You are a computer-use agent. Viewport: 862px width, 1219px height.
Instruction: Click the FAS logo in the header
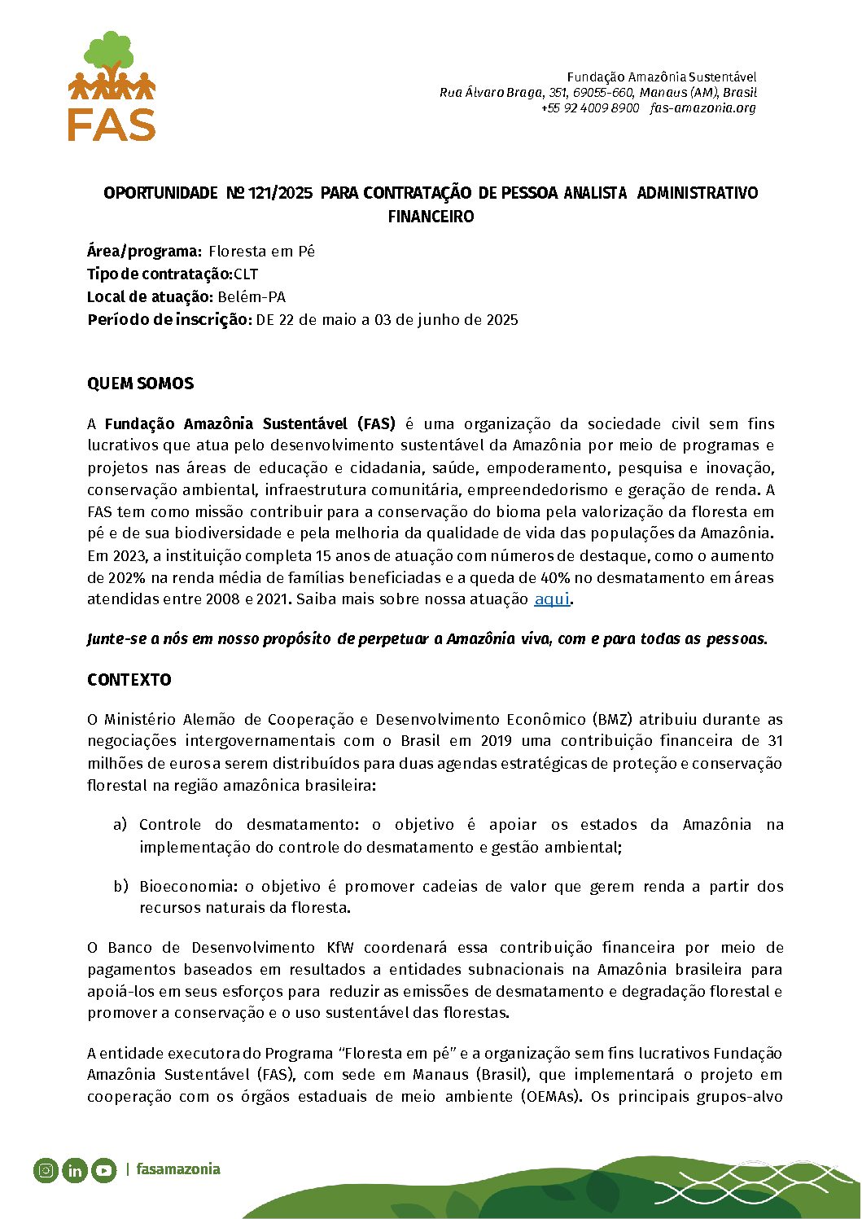point(112,86)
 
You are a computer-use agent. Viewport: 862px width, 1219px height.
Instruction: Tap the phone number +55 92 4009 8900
point(590,107)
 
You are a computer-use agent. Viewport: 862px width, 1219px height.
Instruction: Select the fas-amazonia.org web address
point(702,107)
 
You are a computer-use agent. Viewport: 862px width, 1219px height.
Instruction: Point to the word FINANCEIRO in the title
point(431,217)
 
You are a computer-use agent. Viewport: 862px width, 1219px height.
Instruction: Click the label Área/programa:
point(144,252)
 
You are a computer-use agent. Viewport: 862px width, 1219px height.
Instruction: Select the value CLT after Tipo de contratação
point(246,274)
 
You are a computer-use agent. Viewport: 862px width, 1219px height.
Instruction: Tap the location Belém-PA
point(252,297)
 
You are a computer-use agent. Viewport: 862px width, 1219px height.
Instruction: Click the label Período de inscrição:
point(168,320)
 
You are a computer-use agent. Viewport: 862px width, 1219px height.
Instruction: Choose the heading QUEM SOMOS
point(140,384)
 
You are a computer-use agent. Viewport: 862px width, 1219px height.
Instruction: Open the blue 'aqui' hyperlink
point(551,599)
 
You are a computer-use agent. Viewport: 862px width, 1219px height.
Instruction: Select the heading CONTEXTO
point(129,680)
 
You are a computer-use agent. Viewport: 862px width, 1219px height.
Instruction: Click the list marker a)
point(120,824)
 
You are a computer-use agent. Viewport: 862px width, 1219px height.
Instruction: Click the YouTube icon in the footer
point(103,1170)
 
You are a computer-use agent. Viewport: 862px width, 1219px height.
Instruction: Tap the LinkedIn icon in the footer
point(75,1170)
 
